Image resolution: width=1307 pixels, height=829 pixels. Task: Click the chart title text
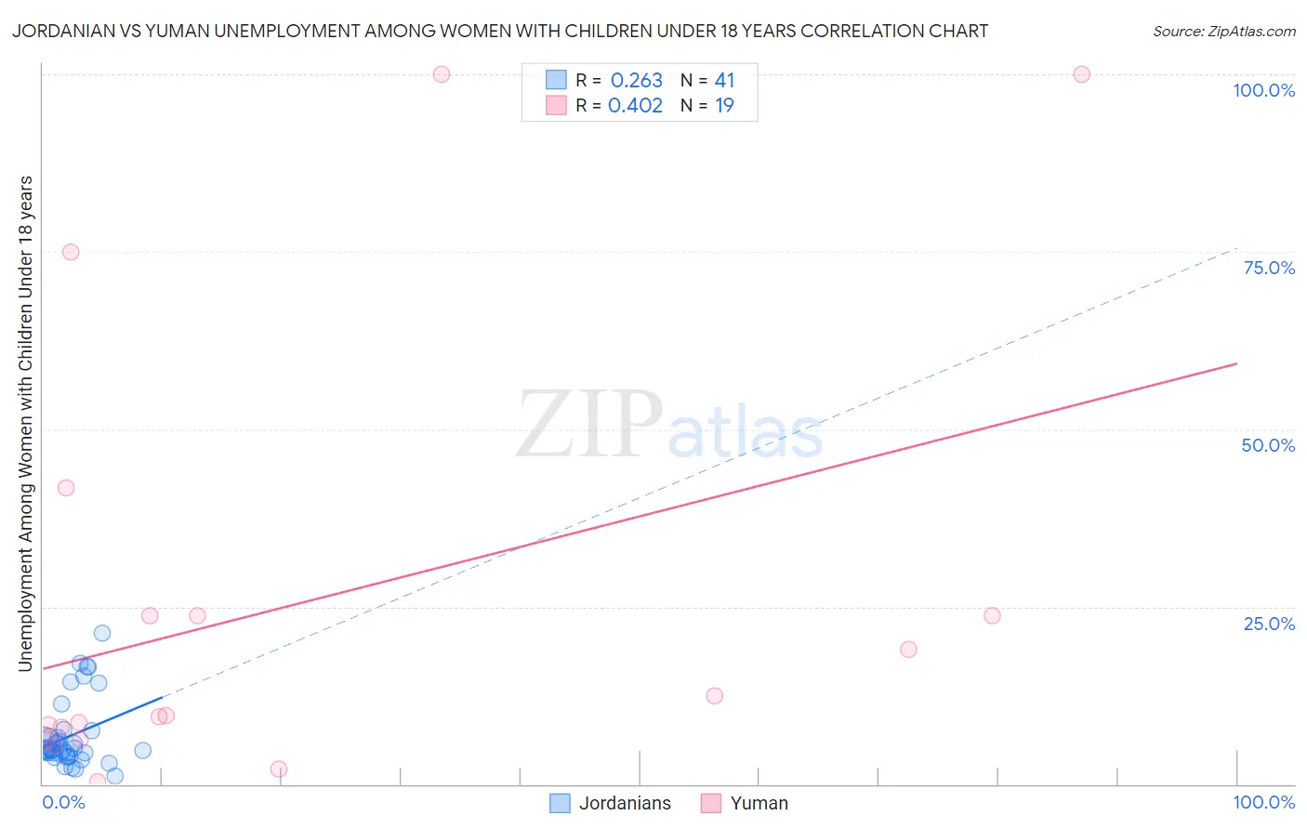pos(500,31)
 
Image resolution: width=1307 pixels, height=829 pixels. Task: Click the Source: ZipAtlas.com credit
pos(1223,31)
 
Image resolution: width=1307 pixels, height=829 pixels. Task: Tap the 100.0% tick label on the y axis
pos(1263,90)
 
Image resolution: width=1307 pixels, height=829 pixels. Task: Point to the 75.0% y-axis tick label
pos(1269,268)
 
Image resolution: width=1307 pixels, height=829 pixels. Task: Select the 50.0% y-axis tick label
pos(1268,445)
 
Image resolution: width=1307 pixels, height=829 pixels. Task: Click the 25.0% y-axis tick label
pos(1269,624)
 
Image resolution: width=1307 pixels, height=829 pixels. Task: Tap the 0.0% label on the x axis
pos(63,802)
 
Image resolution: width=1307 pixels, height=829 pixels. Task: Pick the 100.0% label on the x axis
pos(1263,802)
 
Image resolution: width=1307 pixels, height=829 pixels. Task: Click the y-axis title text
pos(25,423)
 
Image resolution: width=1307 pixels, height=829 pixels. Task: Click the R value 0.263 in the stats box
pos(636,80)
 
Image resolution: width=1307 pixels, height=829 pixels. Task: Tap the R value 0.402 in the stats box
pos(636,105)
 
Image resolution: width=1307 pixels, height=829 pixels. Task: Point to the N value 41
pos(724,80)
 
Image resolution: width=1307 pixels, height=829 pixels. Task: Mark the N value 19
pos(724,105)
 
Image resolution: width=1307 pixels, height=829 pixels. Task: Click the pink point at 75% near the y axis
pos(71,252)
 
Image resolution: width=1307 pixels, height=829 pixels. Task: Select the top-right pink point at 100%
pos(1081,74)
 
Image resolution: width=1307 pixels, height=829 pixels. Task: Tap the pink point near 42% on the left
pos(66,488)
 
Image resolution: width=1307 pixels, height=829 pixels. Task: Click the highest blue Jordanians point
pos(102,633)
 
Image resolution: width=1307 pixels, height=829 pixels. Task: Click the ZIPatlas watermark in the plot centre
pos(669,426)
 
